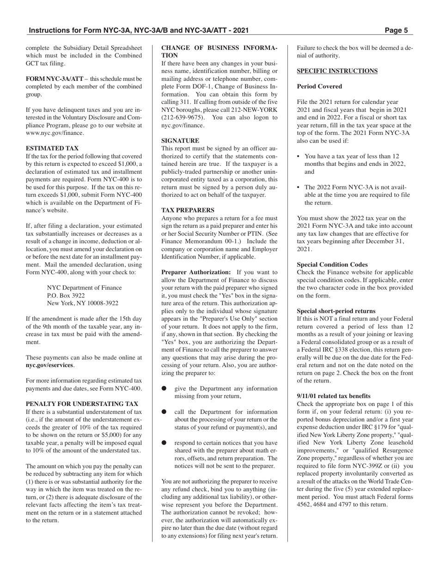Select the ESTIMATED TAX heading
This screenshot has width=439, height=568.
[52, 148]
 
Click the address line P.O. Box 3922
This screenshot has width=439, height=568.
[66, 295]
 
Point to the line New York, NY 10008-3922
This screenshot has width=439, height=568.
[83, 303]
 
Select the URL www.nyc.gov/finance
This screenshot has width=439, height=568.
[55, 133]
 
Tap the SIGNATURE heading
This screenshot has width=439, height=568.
[180, 140]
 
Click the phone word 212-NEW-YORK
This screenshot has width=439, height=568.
[257, 109]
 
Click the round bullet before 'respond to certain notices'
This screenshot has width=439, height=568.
[164, 442]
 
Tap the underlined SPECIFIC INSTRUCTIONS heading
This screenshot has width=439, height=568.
[337, 71]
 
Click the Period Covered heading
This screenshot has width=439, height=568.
[319, 86]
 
